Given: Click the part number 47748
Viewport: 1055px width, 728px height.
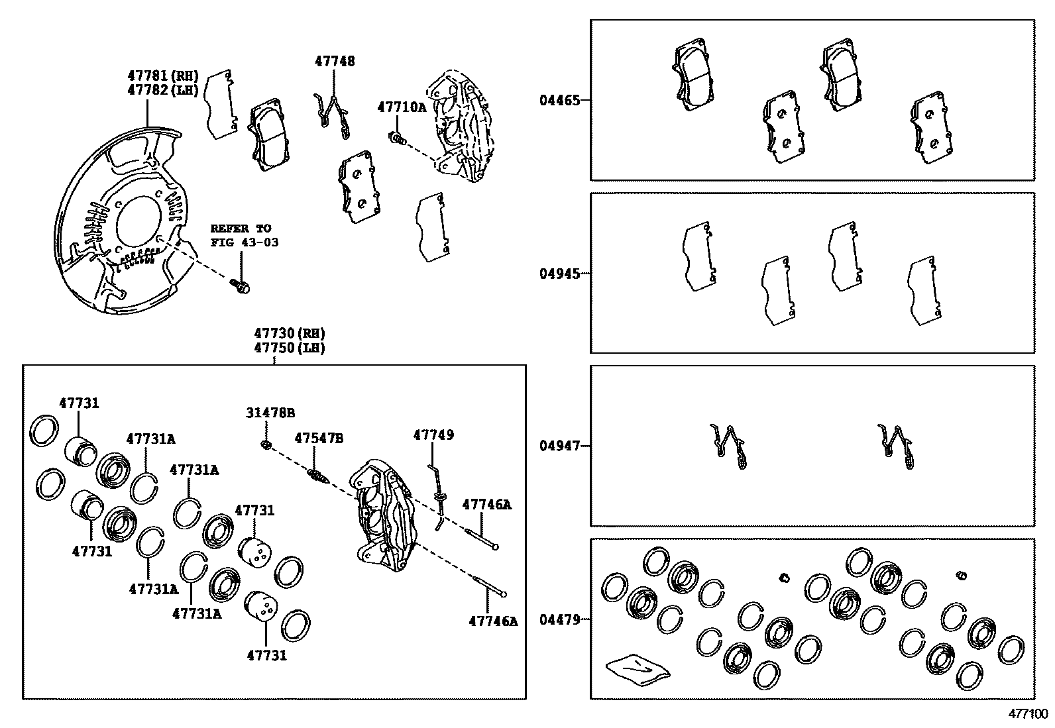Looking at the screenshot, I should click(334, 61).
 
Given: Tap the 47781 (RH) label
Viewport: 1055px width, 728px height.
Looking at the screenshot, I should click(162, 76).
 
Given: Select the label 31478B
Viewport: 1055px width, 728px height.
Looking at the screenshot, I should click(270, 413).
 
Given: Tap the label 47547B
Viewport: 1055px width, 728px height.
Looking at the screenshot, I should click(319, 439).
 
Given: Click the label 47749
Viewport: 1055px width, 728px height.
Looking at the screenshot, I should click(433, 435).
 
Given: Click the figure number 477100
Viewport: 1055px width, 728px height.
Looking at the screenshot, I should click(1028, 713).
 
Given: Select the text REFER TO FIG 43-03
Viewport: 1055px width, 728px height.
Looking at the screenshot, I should click(244, 235).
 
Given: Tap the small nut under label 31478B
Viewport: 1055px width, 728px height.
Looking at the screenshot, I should click(265, 444).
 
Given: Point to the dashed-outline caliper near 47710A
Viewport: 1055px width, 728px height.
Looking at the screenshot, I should click(463, 129).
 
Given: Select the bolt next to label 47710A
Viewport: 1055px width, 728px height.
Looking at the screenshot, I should click(397, 138).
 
